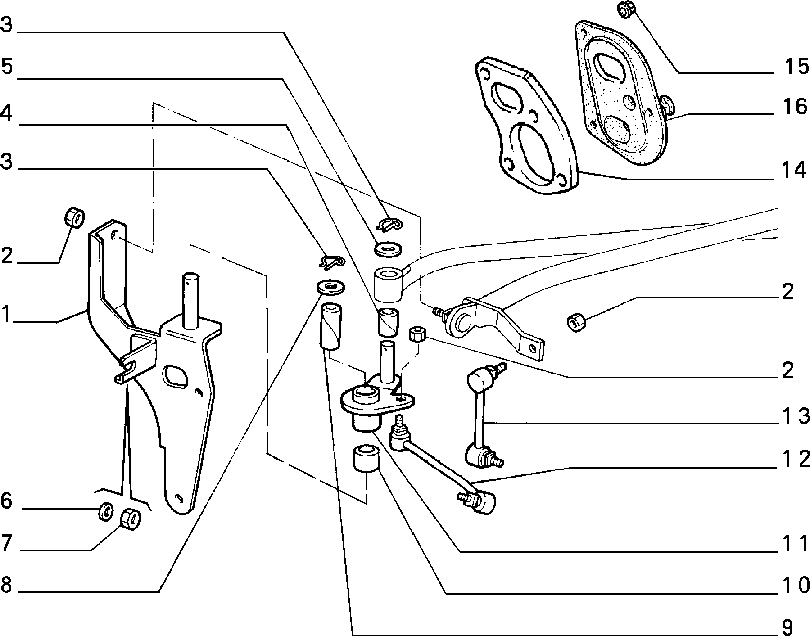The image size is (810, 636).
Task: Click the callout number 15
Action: click(796, 67)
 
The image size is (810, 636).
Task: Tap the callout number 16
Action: click(796, 107)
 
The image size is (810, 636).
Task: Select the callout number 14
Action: click(794, 171)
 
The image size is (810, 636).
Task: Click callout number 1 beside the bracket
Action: click(5, 314)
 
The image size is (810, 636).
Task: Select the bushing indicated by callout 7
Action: click(131, 518)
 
